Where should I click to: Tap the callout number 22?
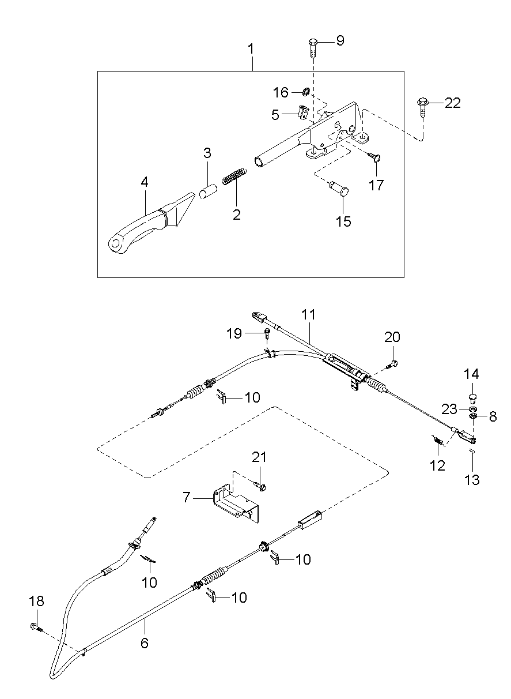[452, 103]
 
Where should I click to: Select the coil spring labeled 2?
[234, 176]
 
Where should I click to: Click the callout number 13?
[472, 480]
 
